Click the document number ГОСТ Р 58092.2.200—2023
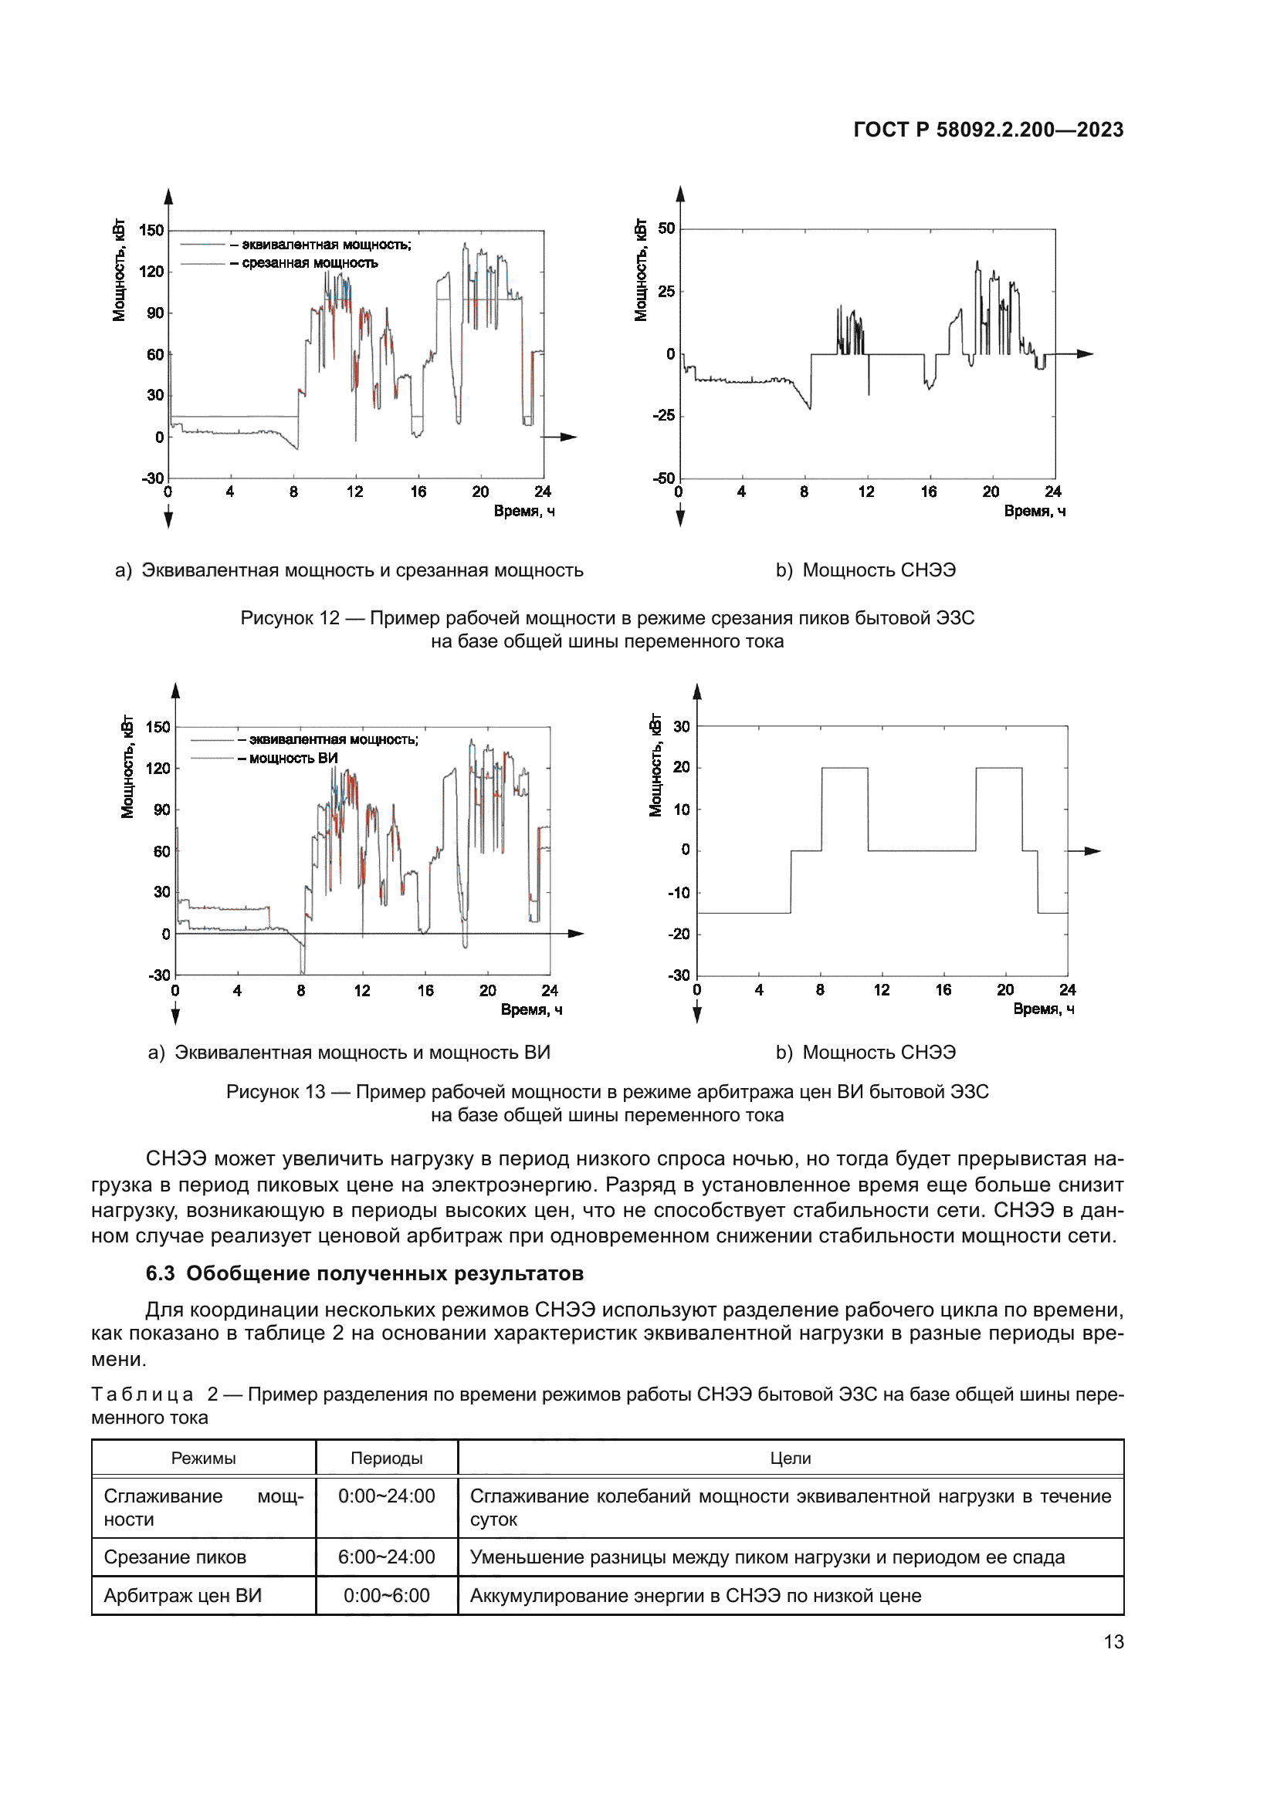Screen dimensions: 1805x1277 [987, 130]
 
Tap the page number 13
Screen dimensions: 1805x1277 [1113, 1641]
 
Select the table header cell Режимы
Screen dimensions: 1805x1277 [203, 1459]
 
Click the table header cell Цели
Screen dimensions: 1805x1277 [791, 1459]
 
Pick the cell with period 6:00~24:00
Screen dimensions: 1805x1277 [386, 1557]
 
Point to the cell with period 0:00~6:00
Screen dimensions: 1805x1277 [386, 1596]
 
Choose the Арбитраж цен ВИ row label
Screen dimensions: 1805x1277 [182, 1596]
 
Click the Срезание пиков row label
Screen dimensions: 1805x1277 [175, 1557]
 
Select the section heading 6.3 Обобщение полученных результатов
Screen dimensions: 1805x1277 [364, 1273]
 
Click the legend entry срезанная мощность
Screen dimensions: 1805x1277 [310, 263]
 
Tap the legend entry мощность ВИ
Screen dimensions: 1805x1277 [293, 759]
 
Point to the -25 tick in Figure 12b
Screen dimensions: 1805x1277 [664, 416]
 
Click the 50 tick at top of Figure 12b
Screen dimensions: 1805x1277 [666, 228]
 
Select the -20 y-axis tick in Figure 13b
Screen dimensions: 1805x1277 [679, 934]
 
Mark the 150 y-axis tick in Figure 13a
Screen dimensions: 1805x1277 [158, 727]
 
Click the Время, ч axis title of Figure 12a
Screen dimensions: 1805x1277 [523, 512]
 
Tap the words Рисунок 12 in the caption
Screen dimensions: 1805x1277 [290, 618]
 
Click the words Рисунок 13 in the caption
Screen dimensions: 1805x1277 [275, 1092]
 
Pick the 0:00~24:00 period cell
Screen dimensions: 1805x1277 [386, 1496]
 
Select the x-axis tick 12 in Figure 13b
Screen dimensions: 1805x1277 [882, 991]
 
